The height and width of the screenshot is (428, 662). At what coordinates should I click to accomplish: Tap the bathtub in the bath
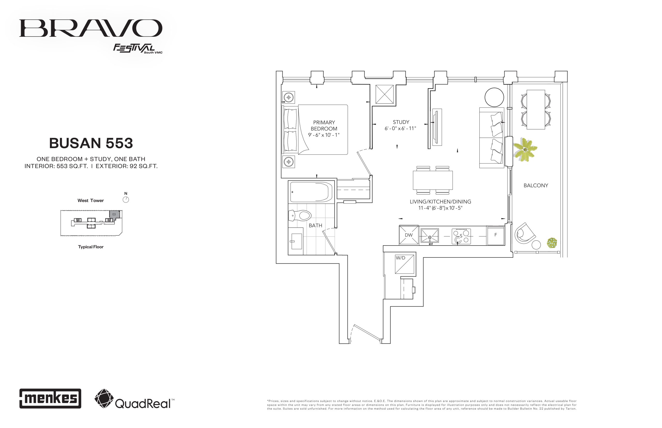click(x=311, y=192)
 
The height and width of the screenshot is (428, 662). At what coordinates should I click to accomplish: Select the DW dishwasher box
click(x=408, y=235)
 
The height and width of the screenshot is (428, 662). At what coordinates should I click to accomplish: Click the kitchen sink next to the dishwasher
click(x=430, y=236)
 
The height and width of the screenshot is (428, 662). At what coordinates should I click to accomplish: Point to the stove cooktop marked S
click(x=461, y=236)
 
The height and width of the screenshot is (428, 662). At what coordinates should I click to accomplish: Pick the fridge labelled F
click(x=495, y=235)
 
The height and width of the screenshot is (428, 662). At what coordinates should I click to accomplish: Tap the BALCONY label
click(x=536, y=185)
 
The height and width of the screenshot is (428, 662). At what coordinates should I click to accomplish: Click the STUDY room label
click(x=401, y=122)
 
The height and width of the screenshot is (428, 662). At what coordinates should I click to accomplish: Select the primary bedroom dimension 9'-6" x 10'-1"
click(x=324, y=135)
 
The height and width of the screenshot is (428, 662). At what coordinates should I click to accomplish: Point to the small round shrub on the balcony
click(x=552, y=243)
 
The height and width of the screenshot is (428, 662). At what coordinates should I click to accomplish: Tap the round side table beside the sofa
click(x=494, y=97)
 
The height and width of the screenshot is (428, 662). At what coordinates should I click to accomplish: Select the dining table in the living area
click(x=433, y=180)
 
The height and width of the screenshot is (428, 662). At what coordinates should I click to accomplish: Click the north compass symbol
click(x=126, y=200)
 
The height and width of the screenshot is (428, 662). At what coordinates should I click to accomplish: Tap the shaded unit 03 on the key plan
click(x=115, y=214)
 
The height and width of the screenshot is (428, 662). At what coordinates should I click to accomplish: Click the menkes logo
click(x=50, y=398)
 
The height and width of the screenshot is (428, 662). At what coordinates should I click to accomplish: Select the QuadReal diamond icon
click(x=104, y=399)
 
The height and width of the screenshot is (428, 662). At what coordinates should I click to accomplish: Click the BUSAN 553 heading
click(x=91, y=143)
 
